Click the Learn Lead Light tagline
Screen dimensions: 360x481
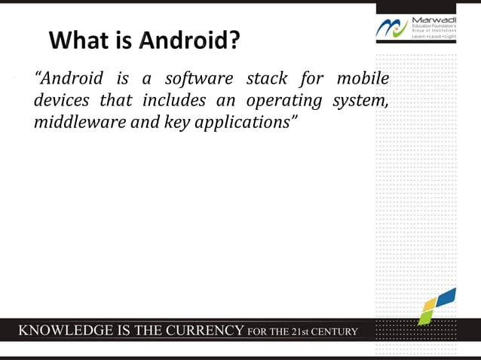pos(434,36)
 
